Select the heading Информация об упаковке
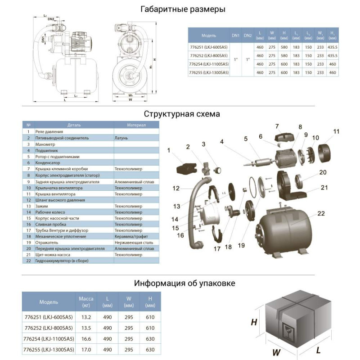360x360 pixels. point(184,283)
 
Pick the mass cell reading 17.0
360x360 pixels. point(86,348)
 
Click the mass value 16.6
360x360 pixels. point(86,337)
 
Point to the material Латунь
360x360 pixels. point(121,138)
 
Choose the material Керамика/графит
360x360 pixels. point(130,236)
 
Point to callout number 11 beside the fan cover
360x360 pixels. point(336,131)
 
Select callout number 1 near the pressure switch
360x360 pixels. point(169,149)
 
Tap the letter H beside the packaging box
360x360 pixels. point(254,322)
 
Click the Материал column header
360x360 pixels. point(136,125)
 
